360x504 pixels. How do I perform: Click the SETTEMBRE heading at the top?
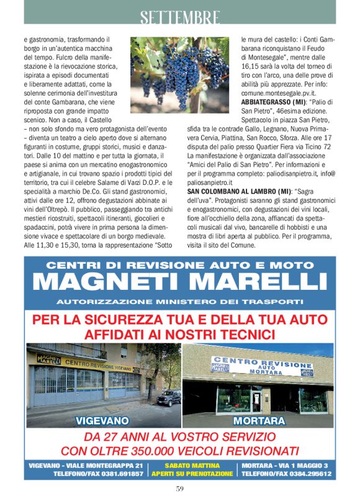coord(179,16)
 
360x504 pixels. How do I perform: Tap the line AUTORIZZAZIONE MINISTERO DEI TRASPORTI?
coord(179,302)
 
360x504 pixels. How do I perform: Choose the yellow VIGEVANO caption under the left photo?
coord(102,420)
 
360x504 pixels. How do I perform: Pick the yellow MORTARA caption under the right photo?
coord(259,420)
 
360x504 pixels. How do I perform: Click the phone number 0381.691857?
coord(121,474)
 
